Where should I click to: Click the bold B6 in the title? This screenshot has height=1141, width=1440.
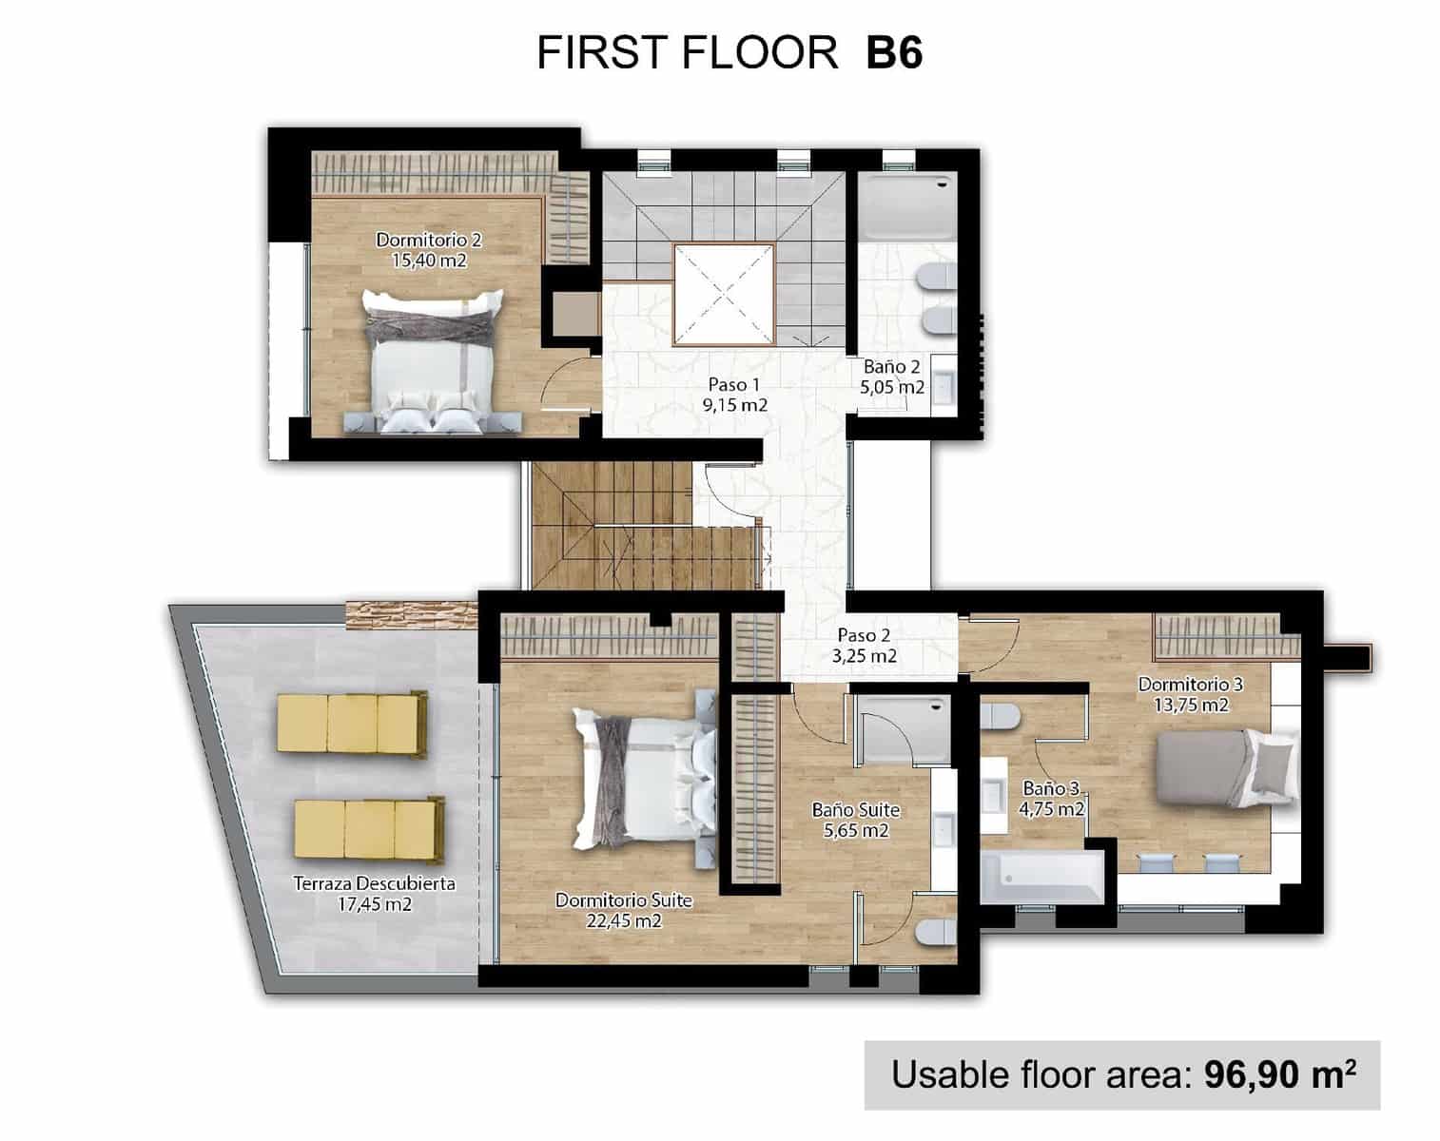click(893, 53)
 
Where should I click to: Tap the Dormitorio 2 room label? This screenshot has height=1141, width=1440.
click(422, 240)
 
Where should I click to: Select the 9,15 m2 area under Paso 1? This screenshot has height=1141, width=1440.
click(733, 405)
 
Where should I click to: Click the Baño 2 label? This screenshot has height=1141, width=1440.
click(891, 366)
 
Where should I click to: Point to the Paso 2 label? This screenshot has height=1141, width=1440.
click(864, 635)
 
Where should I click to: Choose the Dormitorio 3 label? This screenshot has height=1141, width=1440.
click(1190, 684)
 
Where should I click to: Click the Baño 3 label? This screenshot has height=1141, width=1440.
click(1051, 788)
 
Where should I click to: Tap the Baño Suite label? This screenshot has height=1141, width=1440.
click(855, 810)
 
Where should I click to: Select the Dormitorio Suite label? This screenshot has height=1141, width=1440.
click(623, 899)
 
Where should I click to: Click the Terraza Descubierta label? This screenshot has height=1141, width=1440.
click(374, 883)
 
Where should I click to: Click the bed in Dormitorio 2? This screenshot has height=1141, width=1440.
click(432, 361)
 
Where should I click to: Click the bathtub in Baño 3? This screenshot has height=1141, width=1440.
click(1042, 877)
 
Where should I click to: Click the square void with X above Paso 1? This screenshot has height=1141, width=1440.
click(724, 294)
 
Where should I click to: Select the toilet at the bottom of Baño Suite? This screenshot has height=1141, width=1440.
click(934, 933)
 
